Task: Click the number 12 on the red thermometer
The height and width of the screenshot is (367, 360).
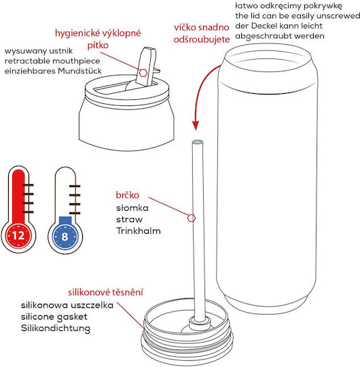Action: (x=18, y=235)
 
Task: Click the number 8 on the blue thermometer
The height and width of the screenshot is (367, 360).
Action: (x=65, y=237)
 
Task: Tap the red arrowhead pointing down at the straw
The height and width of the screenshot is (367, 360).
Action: (x=196, y=125)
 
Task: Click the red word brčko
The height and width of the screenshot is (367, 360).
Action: (x=127, y=195)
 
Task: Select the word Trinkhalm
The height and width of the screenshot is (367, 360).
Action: (x=139, y=231)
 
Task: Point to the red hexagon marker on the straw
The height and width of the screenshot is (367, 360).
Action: (x=192, y=218)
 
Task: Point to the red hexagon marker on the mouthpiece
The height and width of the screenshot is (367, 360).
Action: (x=143, y=73)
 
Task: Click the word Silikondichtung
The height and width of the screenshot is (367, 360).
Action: (x=56, y=328)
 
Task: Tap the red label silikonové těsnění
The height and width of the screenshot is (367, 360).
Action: (x=105, y=292)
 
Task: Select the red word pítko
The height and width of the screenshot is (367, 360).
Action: (x=98, y=45)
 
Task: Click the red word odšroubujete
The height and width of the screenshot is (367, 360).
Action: (x=202, y=39)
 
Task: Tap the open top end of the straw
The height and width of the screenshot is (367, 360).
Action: (x=198, y=141)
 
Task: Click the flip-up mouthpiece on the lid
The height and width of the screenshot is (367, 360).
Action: (x=146, y=67)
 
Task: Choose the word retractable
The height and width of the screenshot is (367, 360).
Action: (x=27, y=61)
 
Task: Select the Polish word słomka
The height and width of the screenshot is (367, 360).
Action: (x=132, y=208)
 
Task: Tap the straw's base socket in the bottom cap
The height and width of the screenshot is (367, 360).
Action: (x=199, y=323)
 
